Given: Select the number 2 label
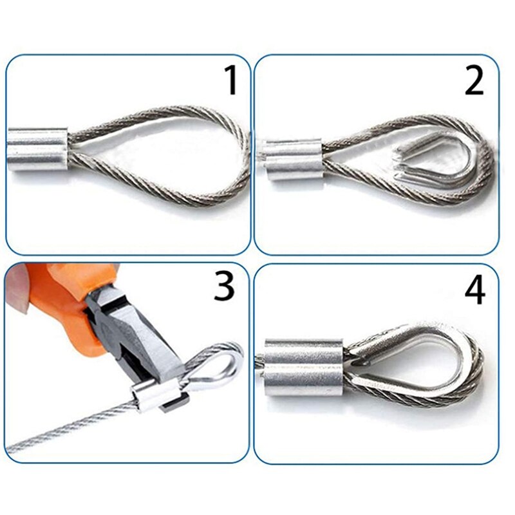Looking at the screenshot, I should click(x=474, y=81).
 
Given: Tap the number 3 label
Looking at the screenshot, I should click(x=224, y=286).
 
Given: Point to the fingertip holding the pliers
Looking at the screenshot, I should click(x=18, y=290).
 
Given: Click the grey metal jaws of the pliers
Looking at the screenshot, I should click(x=138, y=341).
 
